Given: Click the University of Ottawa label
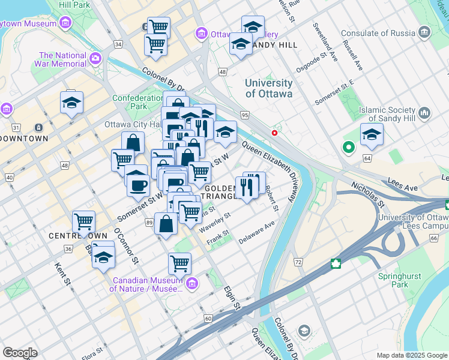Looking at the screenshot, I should coord(268,88).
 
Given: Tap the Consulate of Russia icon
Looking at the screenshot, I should coord(424,32).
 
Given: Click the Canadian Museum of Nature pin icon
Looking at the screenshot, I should coord(192,283).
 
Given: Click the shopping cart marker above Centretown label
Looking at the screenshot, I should coord(83,221).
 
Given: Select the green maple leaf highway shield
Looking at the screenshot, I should coord(336,263).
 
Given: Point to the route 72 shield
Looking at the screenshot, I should coord(298,262).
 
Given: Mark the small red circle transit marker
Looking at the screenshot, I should coord(274,133).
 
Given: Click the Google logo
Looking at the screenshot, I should coord(20,353).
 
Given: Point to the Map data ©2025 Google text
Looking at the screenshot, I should coord(411,355).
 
